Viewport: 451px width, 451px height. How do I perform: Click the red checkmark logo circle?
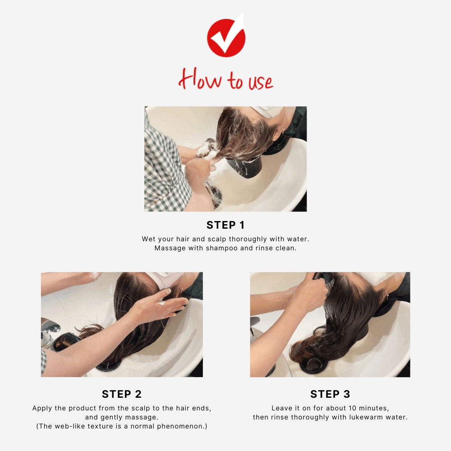pyautogui.click(x=226, y=37)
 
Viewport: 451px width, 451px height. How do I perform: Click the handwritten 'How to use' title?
pyautogui.click(x=225, y=80)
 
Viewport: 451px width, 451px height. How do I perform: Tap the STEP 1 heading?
pyautogui.click(x=225, y=225)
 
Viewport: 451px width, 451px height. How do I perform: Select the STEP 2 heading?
pyautogui.click(x=122, y=394)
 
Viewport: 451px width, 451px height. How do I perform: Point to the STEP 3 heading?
pyautogui.click(x=330, y=394)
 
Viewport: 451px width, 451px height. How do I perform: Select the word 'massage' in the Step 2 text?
pyautogui.click(x=145, y=417)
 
